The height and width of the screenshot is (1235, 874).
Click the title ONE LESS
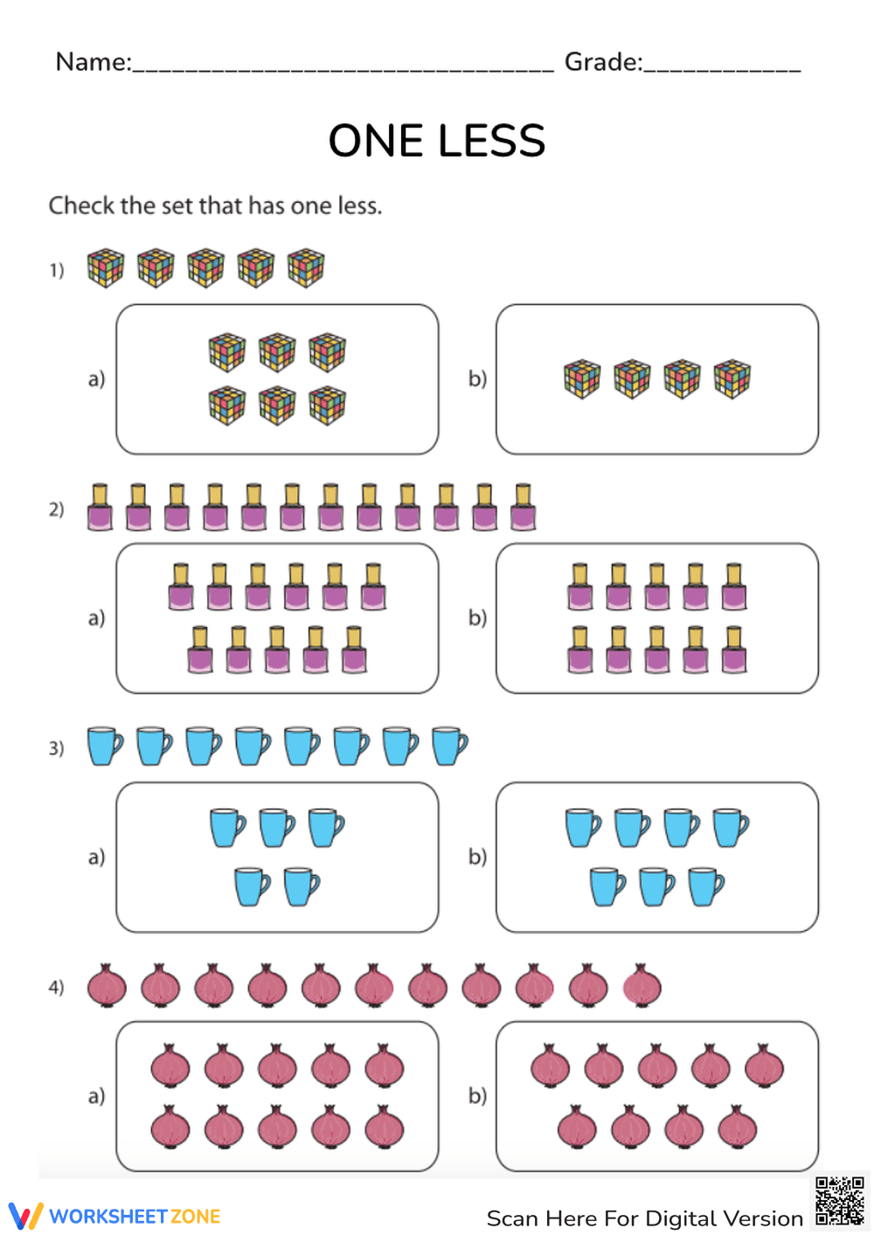[436, 141]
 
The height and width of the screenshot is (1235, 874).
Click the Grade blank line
[722, 66]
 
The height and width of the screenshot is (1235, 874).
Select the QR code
[839, 1201]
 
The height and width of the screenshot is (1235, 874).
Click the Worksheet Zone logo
[114, 1216]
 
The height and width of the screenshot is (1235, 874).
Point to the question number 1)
[57, 270]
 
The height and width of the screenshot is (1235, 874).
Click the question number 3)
[57, 748]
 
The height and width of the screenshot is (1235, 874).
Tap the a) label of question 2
[96, 618]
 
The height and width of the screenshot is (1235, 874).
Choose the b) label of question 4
[477, 1095]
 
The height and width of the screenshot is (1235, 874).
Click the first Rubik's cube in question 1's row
[106, 268]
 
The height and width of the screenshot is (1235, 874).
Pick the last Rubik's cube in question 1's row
[306, 268]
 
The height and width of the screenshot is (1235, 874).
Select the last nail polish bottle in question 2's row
[523, 508]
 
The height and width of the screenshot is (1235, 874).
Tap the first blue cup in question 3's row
[105, 746]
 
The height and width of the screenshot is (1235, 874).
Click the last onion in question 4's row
[642, 986]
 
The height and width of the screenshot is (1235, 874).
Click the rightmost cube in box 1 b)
[732, 379]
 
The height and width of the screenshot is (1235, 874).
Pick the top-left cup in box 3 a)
[228, 827]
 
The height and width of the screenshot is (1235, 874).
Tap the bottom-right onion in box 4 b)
[737, 1127]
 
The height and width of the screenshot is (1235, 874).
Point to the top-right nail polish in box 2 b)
[734, 586]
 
